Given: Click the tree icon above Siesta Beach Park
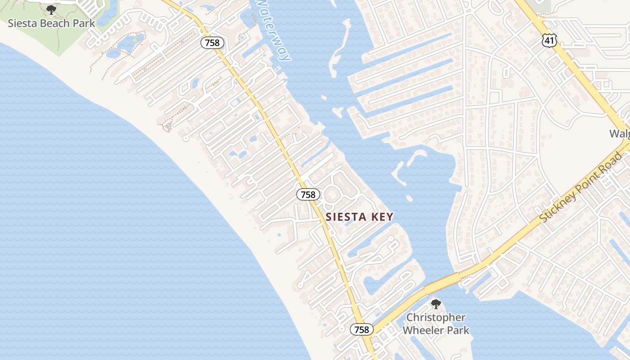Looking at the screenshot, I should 51,9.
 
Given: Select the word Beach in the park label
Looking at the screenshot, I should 56,23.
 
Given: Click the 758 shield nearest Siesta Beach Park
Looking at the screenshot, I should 211,43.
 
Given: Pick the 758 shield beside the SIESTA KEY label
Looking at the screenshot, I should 308,194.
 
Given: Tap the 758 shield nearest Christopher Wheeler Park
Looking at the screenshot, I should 361,329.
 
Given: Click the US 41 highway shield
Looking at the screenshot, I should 549,41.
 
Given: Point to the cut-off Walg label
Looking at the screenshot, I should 619,134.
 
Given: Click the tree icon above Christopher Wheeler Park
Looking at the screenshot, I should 436,304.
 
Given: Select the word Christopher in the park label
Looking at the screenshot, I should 436,318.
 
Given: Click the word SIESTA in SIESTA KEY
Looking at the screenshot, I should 346,217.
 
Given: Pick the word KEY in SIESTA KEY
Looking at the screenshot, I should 382,217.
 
